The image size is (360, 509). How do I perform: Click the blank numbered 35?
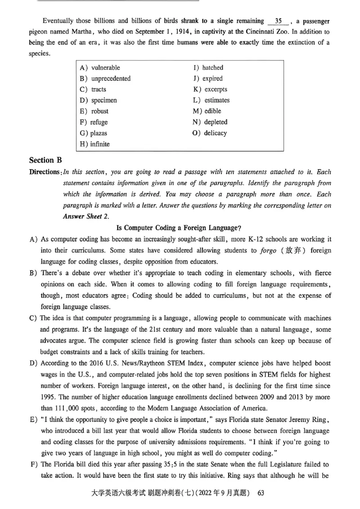(278, 21)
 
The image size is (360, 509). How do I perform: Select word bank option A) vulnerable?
(100, 68)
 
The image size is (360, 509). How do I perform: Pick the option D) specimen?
(99, 100)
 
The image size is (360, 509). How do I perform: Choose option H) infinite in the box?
(94, 144)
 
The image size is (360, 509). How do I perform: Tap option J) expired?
(207, 79)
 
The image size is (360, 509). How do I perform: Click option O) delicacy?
(210, 133)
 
